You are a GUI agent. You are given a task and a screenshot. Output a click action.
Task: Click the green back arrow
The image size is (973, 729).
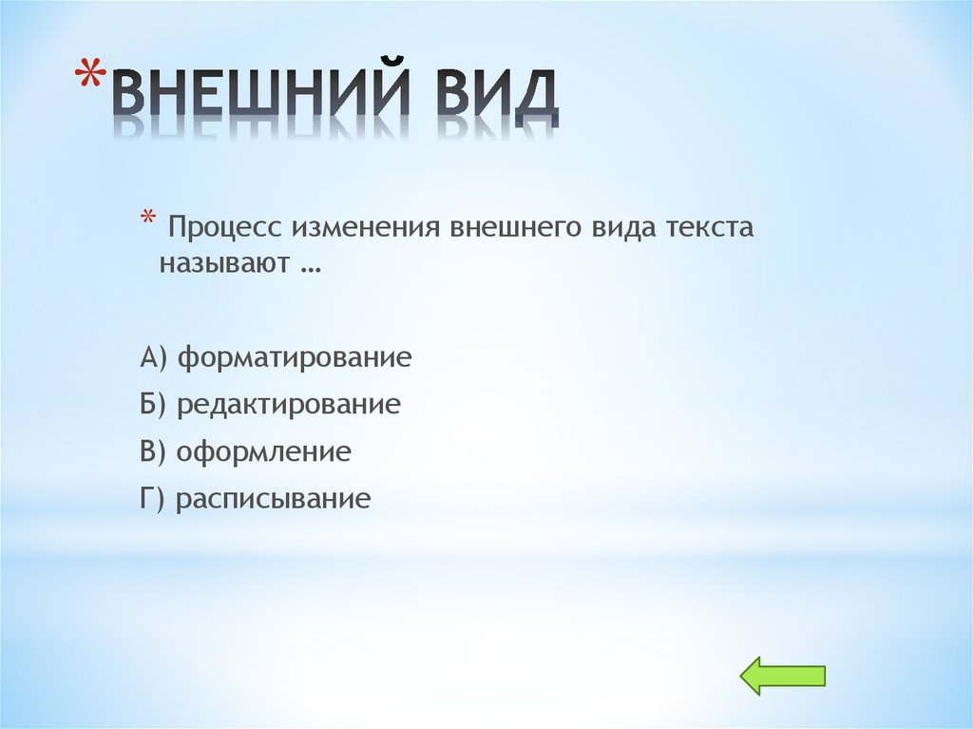point(782,676)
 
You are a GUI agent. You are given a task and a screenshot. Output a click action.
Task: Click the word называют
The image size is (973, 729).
point(221,265)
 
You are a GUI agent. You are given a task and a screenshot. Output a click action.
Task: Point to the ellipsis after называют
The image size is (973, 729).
point(308,269)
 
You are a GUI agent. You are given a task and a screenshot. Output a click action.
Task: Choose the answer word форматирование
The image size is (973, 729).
point(295,359)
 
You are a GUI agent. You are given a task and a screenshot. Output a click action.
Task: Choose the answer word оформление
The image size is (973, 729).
point(264,452)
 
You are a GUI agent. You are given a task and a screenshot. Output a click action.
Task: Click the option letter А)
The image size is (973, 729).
point(153,358)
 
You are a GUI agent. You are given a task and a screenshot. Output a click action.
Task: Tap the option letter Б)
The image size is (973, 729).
point(153,405)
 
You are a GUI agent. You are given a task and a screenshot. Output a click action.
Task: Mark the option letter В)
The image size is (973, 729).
point(153,451)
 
